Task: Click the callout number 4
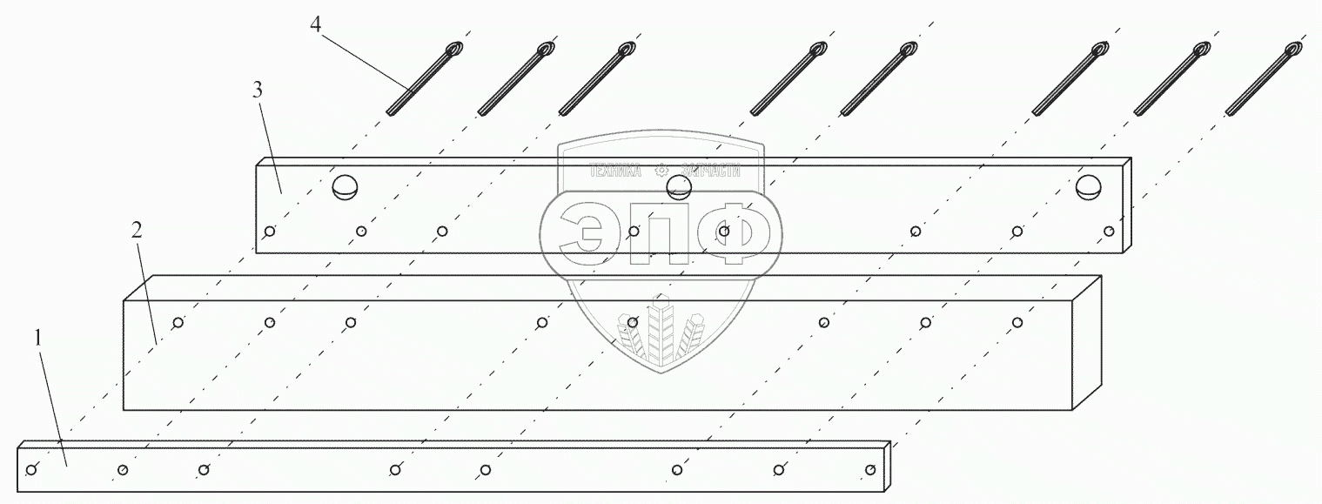point(316,24)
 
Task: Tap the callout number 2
point(135,231)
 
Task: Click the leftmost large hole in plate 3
point(345,186)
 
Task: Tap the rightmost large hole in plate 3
point(1088,186)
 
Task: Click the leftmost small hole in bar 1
point(31,471)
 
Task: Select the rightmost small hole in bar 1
point(870,471)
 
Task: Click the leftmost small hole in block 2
point(178,323)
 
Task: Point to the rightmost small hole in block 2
point(1017,323)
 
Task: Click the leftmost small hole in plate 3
point(270,231)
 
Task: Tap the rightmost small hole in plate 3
point(1109,231)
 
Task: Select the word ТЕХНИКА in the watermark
point(615,171)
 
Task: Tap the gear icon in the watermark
point(661,171)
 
